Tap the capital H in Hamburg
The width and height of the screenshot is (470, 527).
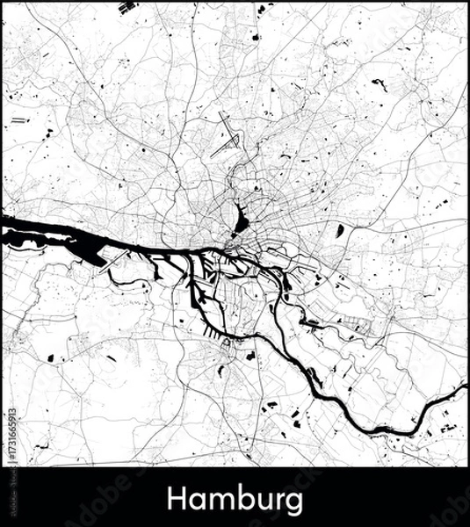176,500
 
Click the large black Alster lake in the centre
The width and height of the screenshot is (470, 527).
241,217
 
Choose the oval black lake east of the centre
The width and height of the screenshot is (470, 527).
339,231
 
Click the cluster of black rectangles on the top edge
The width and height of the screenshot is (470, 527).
128,9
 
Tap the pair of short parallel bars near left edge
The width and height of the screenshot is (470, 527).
19,119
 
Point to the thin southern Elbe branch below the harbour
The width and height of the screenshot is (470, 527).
264,338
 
